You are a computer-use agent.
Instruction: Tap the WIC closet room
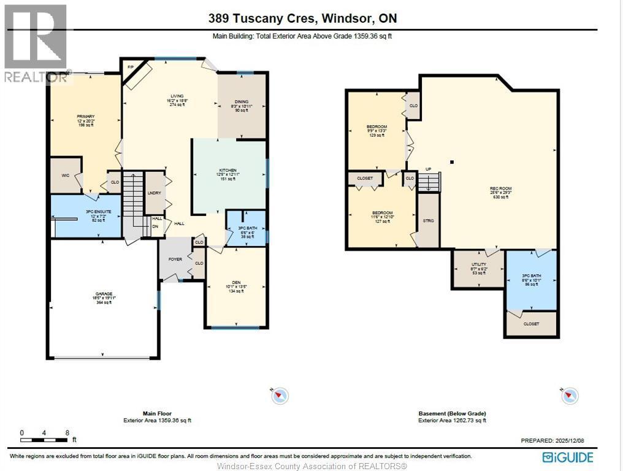65,175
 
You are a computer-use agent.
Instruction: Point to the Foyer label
175,259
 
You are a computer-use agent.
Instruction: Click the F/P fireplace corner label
131,67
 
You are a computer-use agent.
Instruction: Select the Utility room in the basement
478,267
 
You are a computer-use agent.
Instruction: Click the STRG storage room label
429,220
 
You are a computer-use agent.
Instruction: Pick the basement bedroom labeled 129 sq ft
376,130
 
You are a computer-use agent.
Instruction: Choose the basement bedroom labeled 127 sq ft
382,216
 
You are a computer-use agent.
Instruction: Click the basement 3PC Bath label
532,279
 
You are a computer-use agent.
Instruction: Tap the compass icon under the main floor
280,396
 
